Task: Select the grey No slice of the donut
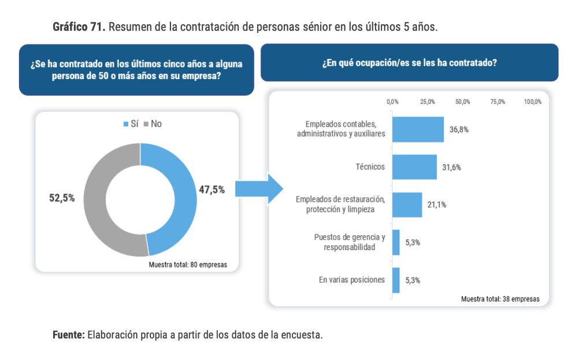(x=98, y=202)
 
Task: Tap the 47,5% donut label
(x=212, y=190)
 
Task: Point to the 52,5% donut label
(x=62, y=198)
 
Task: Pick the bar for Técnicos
(x=414, y=167)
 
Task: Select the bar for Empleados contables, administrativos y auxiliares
(x=418, y=129)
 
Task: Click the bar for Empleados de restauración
(x=407, y=205)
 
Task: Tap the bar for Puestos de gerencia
(x=396, y=242)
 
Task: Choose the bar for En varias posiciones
(x=396, y=280)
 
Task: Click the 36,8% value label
(x=459, y=129)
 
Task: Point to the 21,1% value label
(x=437, y=205)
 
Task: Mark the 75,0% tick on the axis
(x=498, y=102)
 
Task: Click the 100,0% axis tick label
(x=532, y=102)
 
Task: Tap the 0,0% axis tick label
(x=392, y=102)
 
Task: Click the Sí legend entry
(x=131, y=124)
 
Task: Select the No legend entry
(x=153, y=124)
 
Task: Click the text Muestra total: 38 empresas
(x=500, y=299)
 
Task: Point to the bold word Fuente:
(x=68, y=335)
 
